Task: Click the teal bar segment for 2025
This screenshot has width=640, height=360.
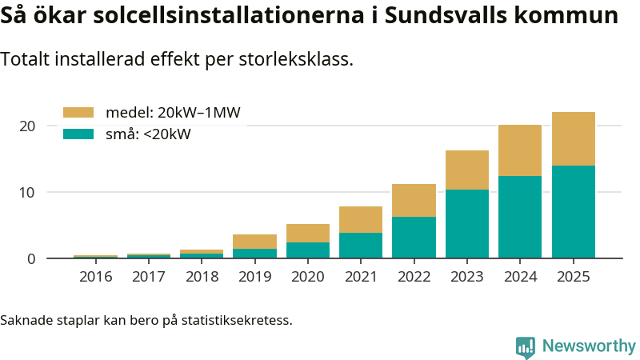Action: tap(574, 211)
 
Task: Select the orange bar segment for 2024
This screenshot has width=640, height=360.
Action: tap(520, 150)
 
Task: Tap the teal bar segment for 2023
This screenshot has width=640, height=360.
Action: tap(467, 223)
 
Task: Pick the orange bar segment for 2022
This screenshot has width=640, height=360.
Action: tap(414, 200)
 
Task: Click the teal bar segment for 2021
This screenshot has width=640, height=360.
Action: tap(361, 245)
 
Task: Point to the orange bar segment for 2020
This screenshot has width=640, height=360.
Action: tap(308, 233)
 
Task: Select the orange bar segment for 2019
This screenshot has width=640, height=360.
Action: tap(254, 242)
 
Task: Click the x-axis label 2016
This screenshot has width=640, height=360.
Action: tap(95, 277)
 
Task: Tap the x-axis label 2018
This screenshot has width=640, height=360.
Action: tap(202, 277)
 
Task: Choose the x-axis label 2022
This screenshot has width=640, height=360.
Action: tap(414, 277)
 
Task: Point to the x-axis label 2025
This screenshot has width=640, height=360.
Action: tap(574, 277)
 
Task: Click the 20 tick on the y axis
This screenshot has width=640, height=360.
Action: tap(27, 126)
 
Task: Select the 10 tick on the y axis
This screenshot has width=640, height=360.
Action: tap(27, 192)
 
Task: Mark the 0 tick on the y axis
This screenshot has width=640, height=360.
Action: tap(31, 258)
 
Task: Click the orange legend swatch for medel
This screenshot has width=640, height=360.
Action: tap(78, 113)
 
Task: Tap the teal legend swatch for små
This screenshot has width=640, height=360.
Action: tap(78, 134)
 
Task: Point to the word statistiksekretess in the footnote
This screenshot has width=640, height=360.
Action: tap(236, 320)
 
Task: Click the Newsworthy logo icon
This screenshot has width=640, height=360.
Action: tap(526, 346)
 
